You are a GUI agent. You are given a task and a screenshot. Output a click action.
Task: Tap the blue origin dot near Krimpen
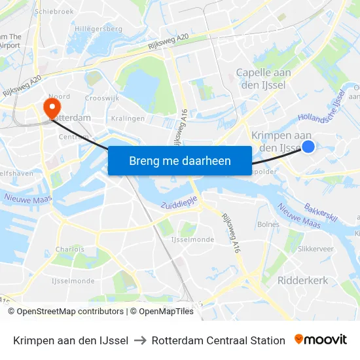309,147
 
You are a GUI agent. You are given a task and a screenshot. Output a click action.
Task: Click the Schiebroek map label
54,11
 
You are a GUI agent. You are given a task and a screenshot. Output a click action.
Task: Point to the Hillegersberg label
98,29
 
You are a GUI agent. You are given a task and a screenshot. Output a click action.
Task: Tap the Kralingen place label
127,118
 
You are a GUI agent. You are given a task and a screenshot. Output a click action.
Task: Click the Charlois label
69,249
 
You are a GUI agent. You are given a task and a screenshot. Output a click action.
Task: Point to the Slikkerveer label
315,249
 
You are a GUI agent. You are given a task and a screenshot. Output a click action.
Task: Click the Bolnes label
268,225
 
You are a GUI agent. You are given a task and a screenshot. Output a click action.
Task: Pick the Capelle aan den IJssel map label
263,79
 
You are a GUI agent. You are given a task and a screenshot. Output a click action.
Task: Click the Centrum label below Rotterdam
73,137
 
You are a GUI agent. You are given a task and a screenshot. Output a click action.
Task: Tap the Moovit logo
320,340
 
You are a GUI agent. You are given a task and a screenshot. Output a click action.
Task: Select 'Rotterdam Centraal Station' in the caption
218,340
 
